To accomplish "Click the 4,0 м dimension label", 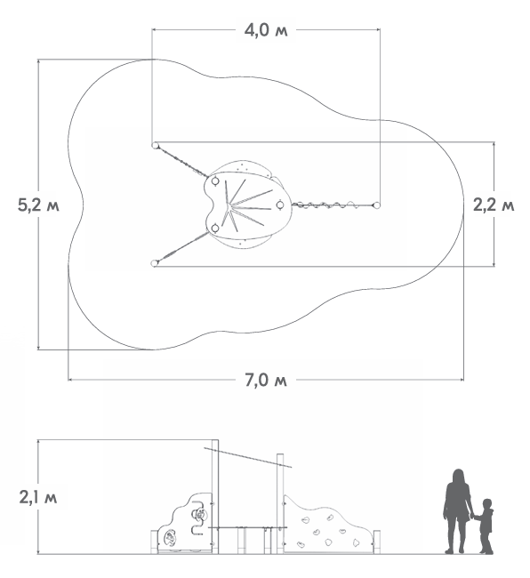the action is coord(266,30).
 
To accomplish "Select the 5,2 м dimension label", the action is coord(38,205).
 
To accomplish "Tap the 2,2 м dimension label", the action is coord(494,205).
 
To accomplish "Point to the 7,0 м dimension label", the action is coord(266,380).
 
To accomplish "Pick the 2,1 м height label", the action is coord(38,498).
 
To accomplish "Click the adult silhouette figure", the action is coord(458,511).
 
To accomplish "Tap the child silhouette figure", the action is coord(485,526).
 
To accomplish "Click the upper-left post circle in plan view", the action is coord(155,145).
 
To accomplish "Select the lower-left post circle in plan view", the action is coord(155,263).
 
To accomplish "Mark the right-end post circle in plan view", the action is coord(377,205).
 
